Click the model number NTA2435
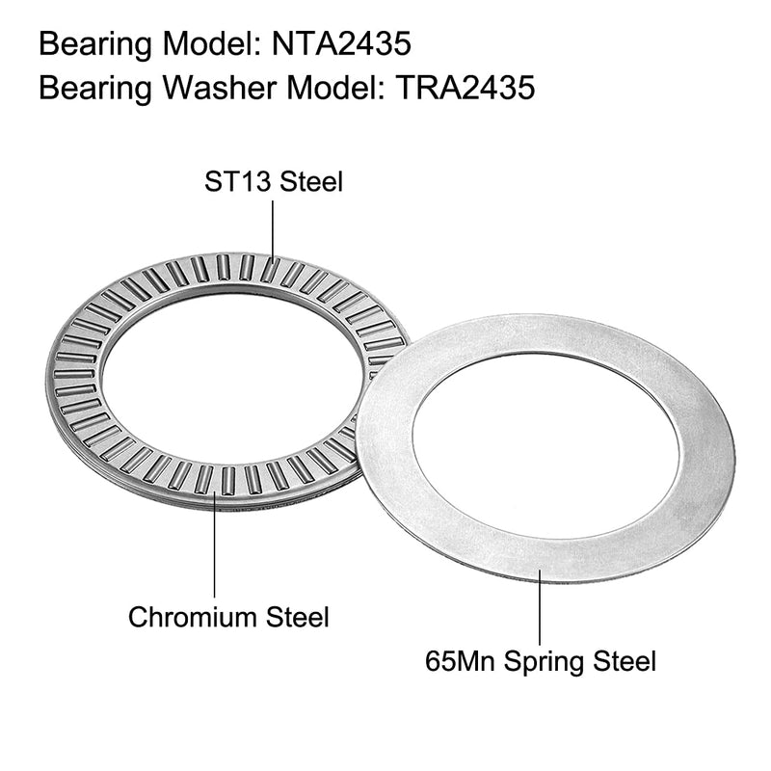click(341, 44)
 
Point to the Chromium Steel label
click(228, 616)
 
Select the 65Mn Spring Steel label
click(541, 661)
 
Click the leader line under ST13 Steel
click(274, 231)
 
